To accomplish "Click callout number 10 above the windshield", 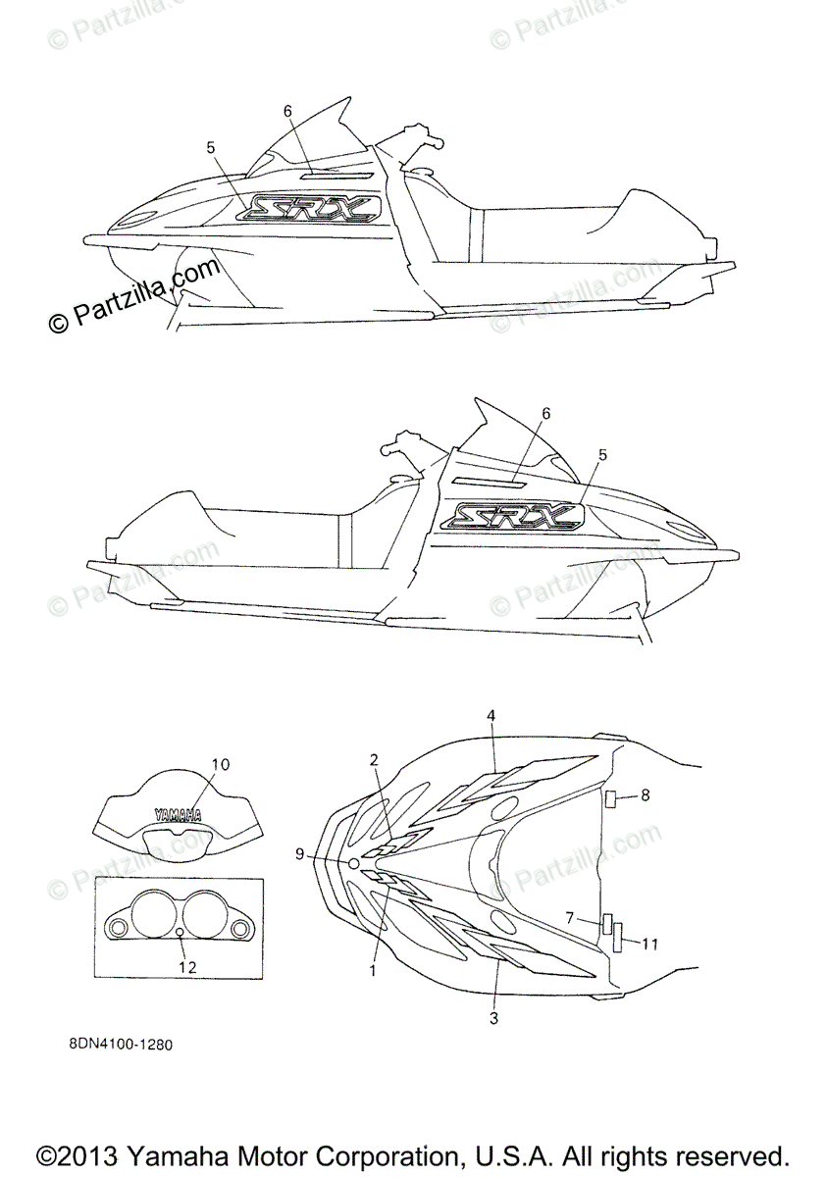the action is (x=220, y=763).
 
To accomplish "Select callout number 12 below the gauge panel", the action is (x=187, y=967).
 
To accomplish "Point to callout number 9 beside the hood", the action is (x=300, y=854).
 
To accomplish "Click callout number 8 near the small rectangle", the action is (x=645, y=795).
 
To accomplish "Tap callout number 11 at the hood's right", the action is (x=648, y=944).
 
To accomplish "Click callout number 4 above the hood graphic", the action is (x=491, y=717).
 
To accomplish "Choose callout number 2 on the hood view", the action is (x=374, y=759).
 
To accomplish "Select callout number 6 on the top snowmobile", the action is (x=288, y=111).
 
